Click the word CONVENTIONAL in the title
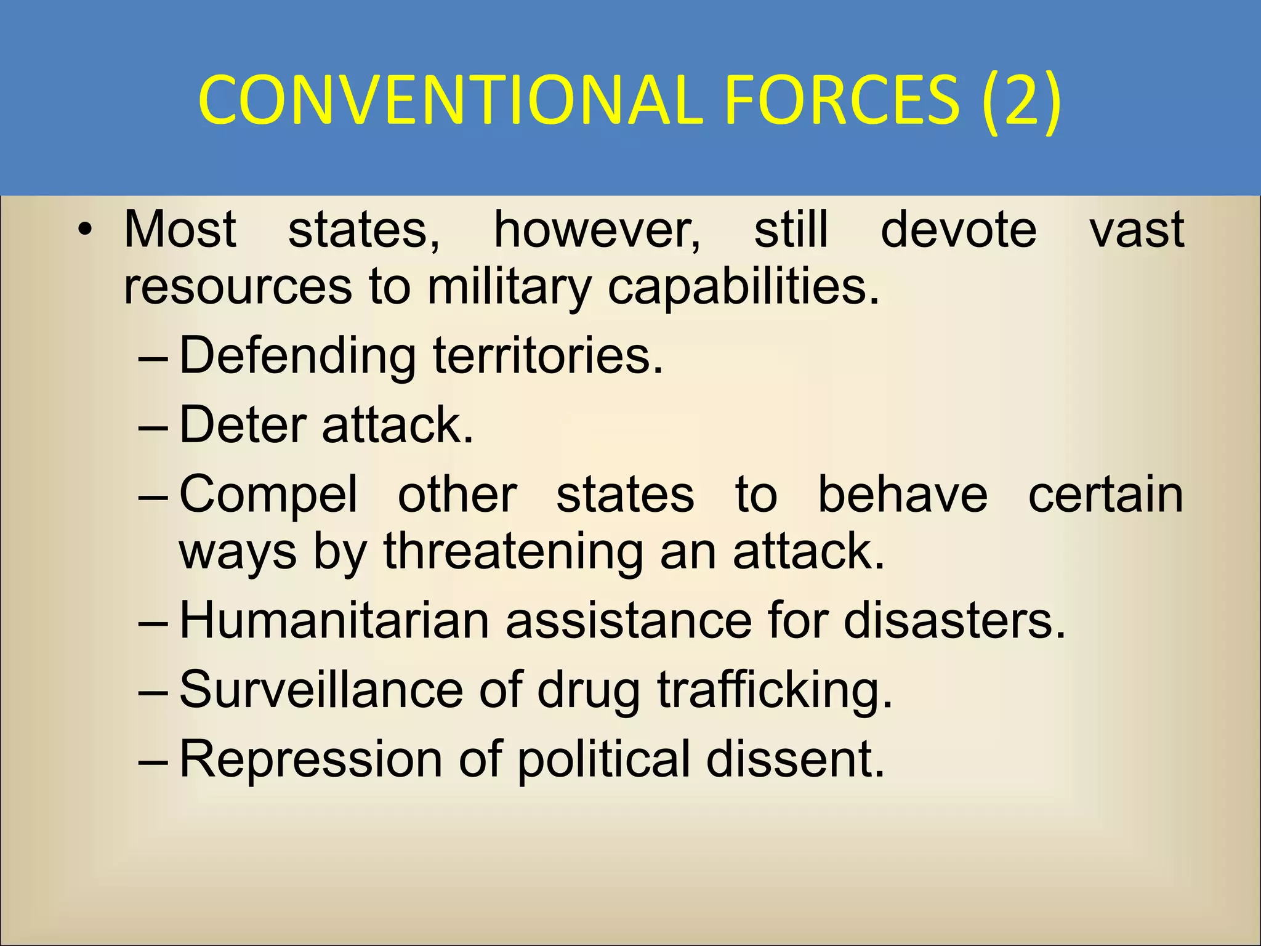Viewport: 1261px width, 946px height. [x=449, y=100]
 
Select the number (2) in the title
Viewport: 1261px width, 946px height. [x=1021, y=100]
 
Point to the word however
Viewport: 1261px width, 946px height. [x=597, y=230]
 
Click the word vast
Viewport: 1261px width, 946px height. [x=1137, y=230]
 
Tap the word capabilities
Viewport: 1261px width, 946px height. [x=743, y=287]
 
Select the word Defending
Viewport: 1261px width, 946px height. [x=297, y=357]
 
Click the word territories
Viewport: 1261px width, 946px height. [x=548, y=357]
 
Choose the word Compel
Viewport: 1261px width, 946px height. [x=268, y=495]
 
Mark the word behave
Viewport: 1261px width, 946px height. [x=902, y=495]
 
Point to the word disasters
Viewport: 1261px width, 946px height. [x=954, y=620]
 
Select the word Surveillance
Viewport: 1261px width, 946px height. [x=321, y=690]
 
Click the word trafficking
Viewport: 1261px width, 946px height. [x=775, y=690]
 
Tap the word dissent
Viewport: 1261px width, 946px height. [x=795, y=759]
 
